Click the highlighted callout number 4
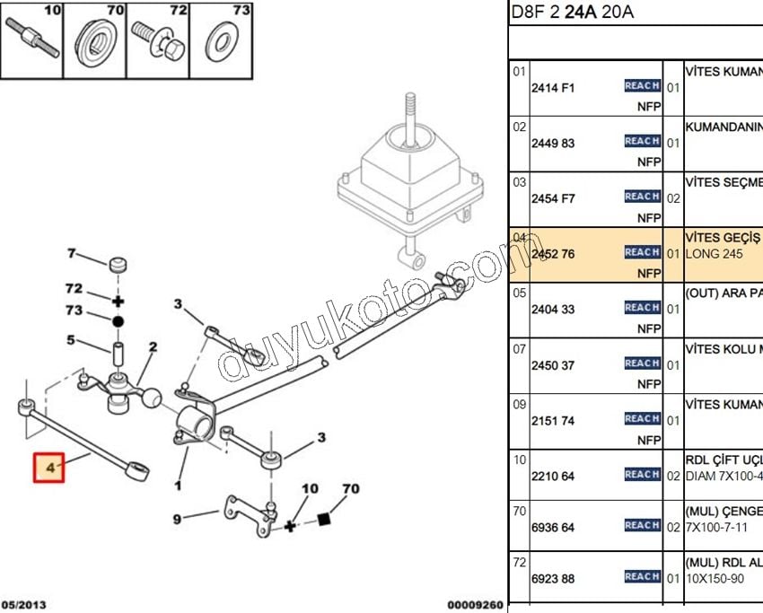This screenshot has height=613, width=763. [50, 468]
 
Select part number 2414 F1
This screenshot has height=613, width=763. [553, 88]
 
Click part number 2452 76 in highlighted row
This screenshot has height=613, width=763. [553, 254]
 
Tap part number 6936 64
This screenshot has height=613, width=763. [553, 527]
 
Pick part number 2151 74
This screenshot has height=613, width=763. [553, 421]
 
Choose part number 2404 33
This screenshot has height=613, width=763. [553, 310]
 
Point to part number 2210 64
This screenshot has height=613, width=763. [553, 476]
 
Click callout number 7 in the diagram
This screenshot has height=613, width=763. [72, 253]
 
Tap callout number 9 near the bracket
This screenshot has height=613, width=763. [177, 518]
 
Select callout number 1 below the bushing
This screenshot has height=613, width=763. [178, 486]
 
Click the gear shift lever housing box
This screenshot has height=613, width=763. [408, 175]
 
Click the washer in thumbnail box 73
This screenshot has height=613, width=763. [218, 41]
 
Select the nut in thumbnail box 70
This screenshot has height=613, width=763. [95, 40]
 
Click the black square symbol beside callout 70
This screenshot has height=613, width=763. [324, 519]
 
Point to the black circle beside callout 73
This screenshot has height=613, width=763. [118, 320]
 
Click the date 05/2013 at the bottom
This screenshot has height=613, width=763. [23, 605]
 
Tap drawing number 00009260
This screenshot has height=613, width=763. [475, 605]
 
